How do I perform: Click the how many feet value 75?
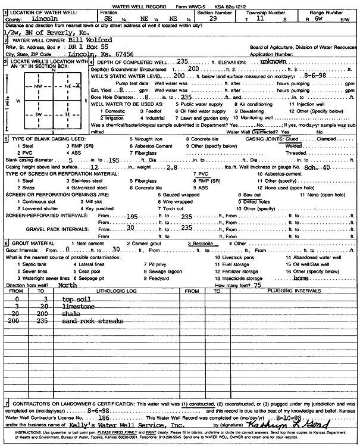coord(256,285)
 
